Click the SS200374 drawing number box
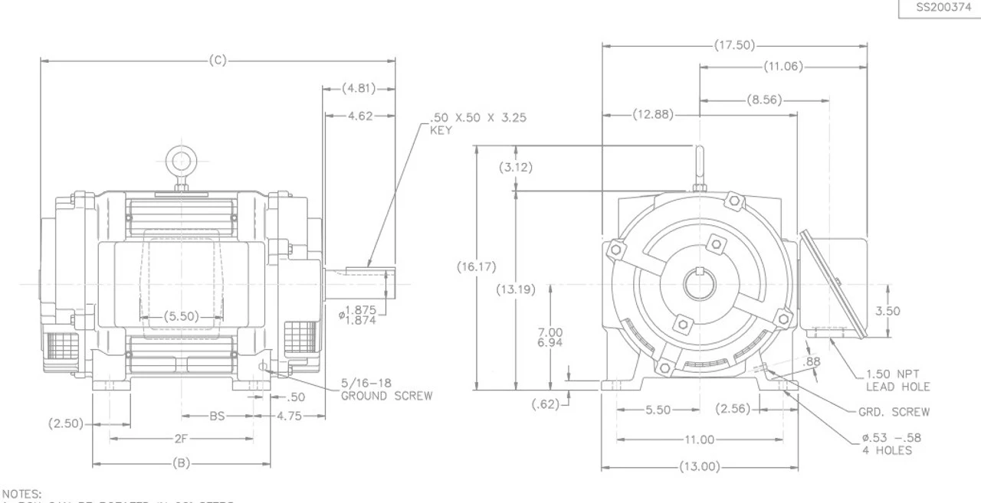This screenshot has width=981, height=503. [x=939, y=8]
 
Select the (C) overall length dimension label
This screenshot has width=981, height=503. [x=218, y=60]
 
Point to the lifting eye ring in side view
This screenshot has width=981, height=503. [x=181, y=162]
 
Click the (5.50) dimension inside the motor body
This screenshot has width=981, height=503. [x=181, y=315]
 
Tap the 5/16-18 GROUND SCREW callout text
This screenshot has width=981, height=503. [x=386, y=390]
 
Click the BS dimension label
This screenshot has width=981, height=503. [x=218, y=416]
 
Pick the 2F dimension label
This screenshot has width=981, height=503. [x=181, y=439]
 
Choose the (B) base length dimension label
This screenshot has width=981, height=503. [x=181, y=463]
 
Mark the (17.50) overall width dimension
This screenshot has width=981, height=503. [x=734, y=45]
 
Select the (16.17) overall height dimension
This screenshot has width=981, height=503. [x=477, y=267]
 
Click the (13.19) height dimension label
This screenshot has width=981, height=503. [x=515, y=289]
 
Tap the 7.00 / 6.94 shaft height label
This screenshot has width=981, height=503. [x=550, y=337]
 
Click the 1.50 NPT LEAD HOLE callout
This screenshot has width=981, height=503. [x=897, y=381]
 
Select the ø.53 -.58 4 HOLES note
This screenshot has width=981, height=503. [x=891, y=444]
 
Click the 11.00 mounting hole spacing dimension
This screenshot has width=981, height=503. [x=699, y=439]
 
